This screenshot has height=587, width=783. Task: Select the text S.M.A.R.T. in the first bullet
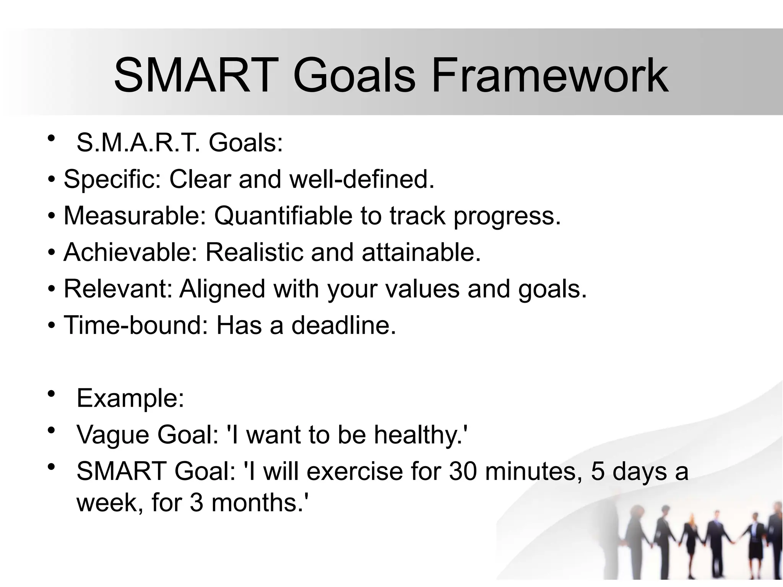138,143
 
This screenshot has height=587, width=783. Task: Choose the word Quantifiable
283,216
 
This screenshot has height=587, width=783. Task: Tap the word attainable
421,252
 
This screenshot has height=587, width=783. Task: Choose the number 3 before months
196,503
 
